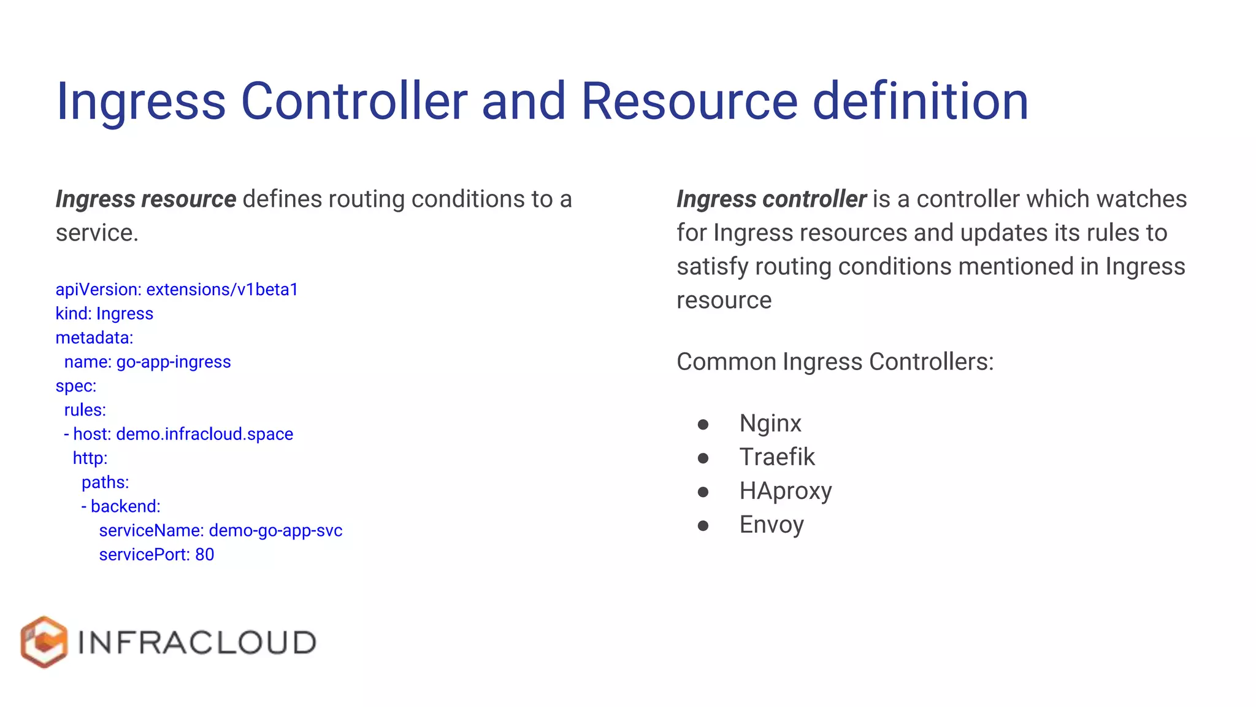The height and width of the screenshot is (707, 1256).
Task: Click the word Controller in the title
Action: coord(354,101)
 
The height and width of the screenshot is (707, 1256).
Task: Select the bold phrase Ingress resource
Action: coord(145,199)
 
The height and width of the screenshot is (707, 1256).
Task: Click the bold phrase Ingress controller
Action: coord(771,199)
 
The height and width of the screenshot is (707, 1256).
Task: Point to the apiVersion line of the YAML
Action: coord(177,290)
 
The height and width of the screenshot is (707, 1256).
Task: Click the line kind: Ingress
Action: coord(104,314)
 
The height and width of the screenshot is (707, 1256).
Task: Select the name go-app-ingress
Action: coord(174,362)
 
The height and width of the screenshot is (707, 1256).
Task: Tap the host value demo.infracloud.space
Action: coord(204,435)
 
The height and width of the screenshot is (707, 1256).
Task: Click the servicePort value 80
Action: coord(204,555)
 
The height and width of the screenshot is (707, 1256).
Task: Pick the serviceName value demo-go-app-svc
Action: coord(275,531)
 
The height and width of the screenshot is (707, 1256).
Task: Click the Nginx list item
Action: coord(770,423)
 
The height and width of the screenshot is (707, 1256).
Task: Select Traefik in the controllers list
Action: coord(777,457)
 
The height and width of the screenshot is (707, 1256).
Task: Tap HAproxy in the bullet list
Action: coord(786,491)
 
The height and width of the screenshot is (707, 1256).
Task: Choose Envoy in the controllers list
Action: coord(772,525)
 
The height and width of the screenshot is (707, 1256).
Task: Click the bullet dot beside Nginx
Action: coord(703,424)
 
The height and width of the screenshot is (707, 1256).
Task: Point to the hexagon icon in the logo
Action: coord(44,642)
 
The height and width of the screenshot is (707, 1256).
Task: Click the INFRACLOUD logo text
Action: coord(197,643)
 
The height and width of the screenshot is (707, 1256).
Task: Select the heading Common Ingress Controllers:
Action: coord(835,362)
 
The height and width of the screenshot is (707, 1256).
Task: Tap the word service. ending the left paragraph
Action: coord(97,233)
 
